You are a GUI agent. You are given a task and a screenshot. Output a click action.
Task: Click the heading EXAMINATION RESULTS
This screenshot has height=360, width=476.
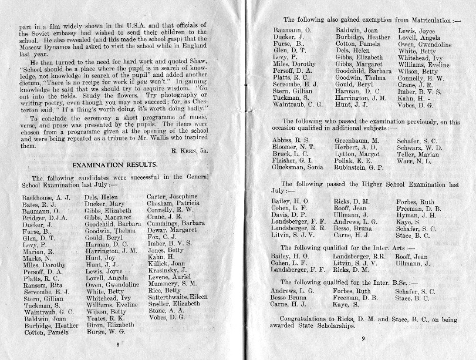[114, 166]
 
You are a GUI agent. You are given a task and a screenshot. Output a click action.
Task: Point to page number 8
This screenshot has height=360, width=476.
[118, 344]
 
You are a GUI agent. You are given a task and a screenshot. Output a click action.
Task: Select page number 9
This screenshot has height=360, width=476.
[363, 338]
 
